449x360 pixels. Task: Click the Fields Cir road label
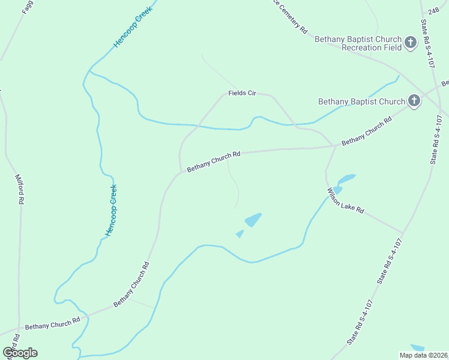point(242,93)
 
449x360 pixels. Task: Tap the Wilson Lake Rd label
point(345,201)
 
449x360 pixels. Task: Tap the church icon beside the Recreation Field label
point(411,43)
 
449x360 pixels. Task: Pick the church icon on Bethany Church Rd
point(414,101)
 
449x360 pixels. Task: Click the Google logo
point(20,352)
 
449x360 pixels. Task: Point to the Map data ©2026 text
point(424,355)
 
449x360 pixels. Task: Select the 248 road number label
point(433,11)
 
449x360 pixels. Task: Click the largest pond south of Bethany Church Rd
point(253,220)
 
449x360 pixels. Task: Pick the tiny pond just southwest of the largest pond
point(240,234)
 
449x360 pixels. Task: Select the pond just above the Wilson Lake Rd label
point(346,178)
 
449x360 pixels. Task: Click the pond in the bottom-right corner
point(417,347)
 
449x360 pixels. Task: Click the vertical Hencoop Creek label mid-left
point(111,210)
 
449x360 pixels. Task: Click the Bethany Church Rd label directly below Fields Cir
point(213,161)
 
